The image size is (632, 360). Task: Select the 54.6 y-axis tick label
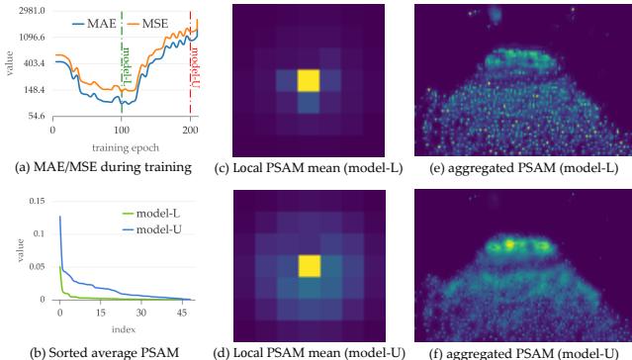coord(33,117)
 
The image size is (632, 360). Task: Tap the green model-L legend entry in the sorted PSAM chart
coord(160,206)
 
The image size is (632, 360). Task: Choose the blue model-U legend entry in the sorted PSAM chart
coord(160,222)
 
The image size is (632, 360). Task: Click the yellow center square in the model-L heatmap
coord(310,81)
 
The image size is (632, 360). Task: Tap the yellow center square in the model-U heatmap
coord(310,264)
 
